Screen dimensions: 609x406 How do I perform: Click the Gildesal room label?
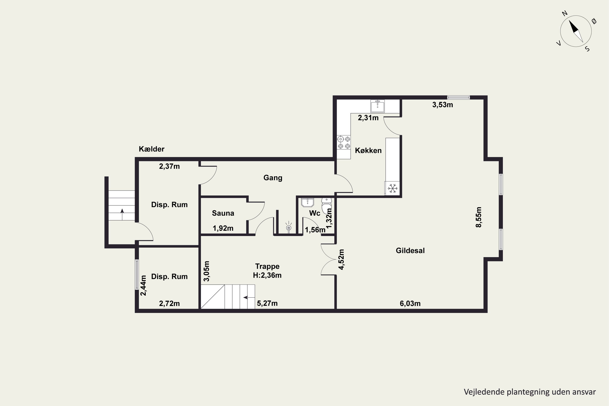410,251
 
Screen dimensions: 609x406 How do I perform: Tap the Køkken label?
368,150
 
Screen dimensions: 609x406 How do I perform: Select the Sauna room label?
223,213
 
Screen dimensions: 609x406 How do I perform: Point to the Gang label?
273,178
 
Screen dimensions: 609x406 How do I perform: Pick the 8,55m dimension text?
479,217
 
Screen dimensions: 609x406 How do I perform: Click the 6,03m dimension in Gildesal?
410,303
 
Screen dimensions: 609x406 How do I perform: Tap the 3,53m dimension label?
443,105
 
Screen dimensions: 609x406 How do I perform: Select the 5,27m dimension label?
267,303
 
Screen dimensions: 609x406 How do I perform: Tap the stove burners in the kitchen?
344,143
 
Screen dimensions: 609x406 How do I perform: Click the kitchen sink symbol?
378,106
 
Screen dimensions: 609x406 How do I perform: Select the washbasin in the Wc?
308,202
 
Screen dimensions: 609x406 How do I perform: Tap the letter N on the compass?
565,13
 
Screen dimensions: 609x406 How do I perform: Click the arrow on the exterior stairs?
122,214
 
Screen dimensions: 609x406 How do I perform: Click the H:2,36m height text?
267,275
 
